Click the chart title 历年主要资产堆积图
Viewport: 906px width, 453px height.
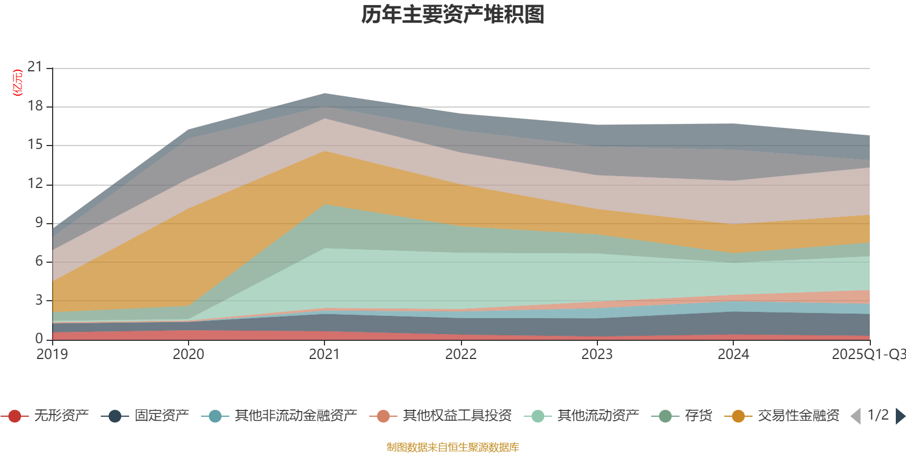point(453,15)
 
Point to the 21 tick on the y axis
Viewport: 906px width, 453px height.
point(35,67)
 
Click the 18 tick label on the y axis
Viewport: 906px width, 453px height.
point(35,106)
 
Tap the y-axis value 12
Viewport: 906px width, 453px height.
point(35,183)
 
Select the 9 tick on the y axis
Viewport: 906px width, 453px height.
point(39,223)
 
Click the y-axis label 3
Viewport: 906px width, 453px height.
point(39,300)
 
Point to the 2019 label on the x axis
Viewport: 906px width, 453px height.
point(52,354)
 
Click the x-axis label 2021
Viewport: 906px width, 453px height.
point(324,354)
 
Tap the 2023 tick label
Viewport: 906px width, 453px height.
point(597,354)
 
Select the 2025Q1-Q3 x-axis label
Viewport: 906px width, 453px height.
point(868,354)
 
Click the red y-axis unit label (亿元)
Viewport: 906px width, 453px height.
point(18,83)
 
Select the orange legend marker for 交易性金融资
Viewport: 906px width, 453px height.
point(738,416)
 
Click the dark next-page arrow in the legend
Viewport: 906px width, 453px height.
point(900,416)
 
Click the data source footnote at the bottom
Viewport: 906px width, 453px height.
point(453,447)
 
